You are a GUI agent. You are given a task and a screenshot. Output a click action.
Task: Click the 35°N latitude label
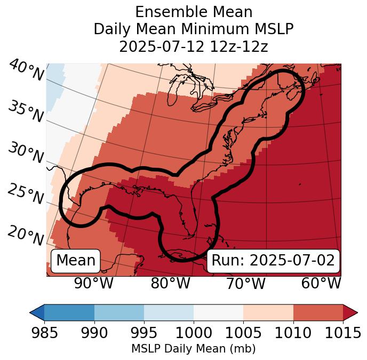click(26, 111)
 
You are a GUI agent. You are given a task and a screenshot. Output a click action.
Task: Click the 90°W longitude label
click(93, 283)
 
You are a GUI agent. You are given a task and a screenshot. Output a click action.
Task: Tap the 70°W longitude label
click(245, 283)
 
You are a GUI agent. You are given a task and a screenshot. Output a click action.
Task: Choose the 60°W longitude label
click(321, 283)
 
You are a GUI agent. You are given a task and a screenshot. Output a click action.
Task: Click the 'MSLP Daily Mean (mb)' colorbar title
click(193, 349)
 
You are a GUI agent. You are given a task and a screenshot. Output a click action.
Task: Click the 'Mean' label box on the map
click(76, 260)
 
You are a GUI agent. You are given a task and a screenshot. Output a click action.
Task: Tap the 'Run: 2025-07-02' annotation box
click(273, 260)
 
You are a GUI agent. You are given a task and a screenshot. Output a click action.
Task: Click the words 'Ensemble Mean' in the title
click(193, 12)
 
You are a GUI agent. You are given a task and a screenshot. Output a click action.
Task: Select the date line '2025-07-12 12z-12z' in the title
click(193, 46)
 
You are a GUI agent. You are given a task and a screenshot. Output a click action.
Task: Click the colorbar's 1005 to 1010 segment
click(268, 312)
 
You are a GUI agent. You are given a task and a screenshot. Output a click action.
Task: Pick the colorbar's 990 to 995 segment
click(119, 312)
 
